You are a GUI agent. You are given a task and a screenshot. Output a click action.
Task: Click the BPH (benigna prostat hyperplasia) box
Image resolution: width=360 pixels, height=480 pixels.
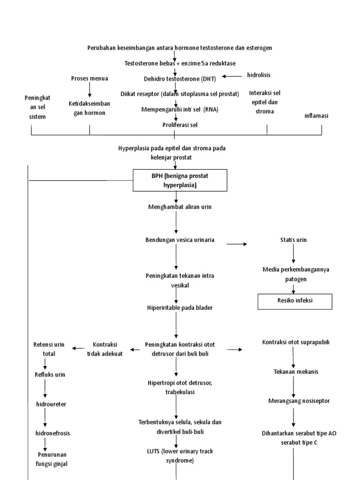(x=180, y=180)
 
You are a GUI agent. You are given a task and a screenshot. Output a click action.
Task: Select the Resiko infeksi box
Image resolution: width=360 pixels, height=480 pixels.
(x=295, y=301)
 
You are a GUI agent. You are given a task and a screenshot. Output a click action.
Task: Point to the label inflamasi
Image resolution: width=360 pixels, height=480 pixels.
(x=316, y=115)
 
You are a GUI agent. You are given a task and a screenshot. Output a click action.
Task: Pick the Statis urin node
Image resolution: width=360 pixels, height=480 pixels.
(x=293, y=240)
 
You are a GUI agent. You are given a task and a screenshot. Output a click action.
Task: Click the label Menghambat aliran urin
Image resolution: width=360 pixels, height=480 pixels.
(x=176, y=207)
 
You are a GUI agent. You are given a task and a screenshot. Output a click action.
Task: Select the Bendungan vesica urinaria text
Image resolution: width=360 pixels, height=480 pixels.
(x=180, y=240)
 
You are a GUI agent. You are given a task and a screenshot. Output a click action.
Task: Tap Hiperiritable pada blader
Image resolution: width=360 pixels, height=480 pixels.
(x=176, y=308)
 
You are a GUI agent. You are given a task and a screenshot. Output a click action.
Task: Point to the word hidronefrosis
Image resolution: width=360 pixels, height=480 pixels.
(x=53, y=433)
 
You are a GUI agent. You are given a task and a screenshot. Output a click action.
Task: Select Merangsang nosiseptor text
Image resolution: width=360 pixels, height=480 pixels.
(x=299, y=401)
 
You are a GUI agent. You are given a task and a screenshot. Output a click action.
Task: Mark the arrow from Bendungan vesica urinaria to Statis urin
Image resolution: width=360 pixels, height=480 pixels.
(x=237, y=244)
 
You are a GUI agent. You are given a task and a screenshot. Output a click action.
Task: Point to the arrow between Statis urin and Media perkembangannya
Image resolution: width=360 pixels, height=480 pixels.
(x=294, y=254)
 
